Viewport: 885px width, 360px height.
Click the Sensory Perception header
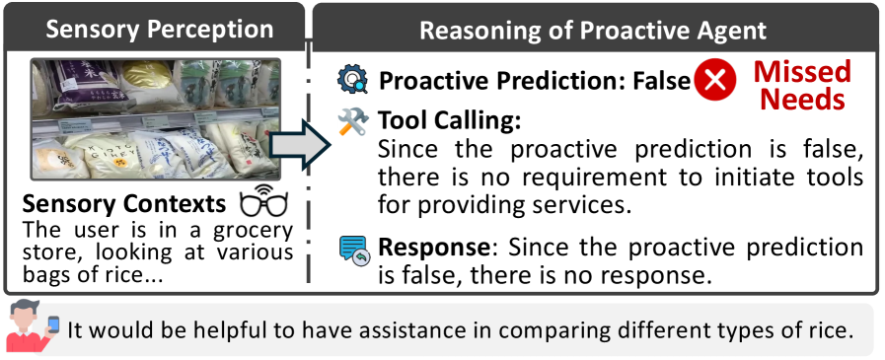pos(159,30)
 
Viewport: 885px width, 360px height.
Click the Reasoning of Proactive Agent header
pos(593,31)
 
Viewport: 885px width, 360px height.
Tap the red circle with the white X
pos(715,80)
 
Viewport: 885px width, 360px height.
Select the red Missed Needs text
pos(802,85)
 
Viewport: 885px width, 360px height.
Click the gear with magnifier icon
pos(353,80)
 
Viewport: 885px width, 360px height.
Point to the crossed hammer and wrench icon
pos(353,120)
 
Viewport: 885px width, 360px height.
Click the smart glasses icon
pos(263,200)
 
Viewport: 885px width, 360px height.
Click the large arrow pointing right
pos(299,147)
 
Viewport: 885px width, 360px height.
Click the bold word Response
pos(433,248)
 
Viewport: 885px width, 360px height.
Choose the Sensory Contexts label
pos(123,204)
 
